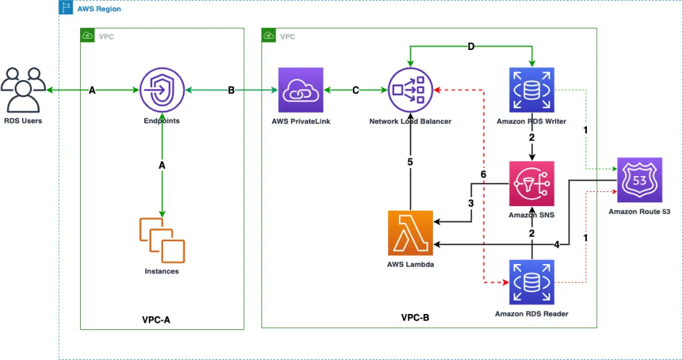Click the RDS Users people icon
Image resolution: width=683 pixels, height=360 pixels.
[23, 90]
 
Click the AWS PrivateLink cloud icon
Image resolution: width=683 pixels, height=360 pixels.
[301, 90]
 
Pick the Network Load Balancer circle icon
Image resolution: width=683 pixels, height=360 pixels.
[410, 90]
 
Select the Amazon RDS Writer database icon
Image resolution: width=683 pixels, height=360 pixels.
[531, 90]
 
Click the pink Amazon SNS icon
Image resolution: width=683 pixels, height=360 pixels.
[531, 183]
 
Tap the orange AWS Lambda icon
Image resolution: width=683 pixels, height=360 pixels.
[410, 233]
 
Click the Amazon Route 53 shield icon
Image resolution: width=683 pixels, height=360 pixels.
[639, 180]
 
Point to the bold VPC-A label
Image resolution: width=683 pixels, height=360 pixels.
[156, 319]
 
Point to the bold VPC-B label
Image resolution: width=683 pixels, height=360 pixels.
[415, 318]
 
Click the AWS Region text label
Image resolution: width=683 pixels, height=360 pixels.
[99, 9]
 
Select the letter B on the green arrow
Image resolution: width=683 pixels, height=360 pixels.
[231, 91]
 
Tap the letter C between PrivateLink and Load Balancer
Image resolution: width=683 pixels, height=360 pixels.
[356, 91]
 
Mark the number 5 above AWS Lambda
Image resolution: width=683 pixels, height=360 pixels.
[411, 161]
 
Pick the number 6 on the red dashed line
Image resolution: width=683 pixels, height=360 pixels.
[484, 175]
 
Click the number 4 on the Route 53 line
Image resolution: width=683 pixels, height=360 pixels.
[556, 245]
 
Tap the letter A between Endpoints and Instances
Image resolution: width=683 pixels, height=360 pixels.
[162, 165]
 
